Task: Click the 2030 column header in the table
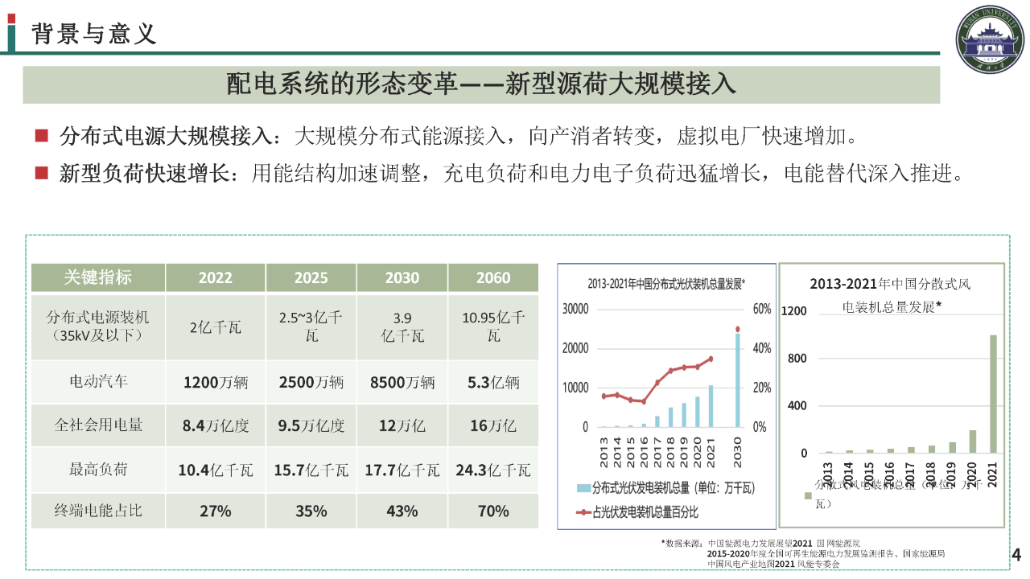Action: coord(402,278)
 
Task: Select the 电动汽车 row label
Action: coord(98,382)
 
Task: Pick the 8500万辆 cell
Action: coord(402,382)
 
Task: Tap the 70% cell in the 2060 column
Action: coord(493,511)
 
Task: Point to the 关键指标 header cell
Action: coord(98,278)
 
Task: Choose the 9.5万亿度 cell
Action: coord(311,425)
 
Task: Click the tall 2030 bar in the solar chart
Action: coord(736,380)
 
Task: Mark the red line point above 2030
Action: coord(736,329)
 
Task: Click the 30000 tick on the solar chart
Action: coord(575,309)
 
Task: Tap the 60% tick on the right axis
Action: coord(761,309)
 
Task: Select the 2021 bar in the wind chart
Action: coord(993,394)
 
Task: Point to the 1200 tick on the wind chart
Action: coord(793,311)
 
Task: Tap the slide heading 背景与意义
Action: coord(94,35)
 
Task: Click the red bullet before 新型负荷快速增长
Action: coord(43,173)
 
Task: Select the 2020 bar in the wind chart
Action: coord(972,441)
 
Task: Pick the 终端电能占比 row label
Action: coord(98,511)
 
